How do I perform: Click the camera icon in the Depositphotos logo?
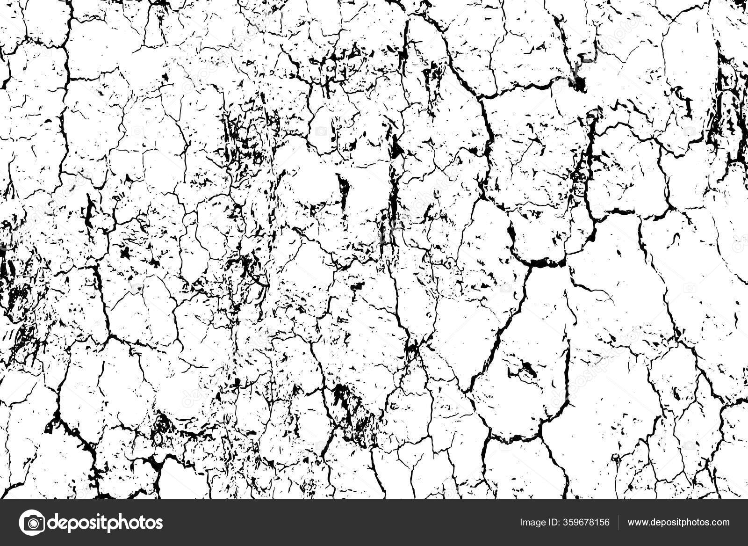(x=31, y=522)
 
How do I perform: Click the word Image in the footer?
(x=531, y=523)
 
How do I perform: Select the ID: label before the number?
(x=553, y=522)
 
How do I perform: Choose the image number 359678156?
(x=586, y=522)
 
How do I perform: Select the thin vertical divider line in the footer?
(x=619, y=522)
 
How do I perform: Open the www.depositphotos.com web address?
(x=678, y=523)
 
